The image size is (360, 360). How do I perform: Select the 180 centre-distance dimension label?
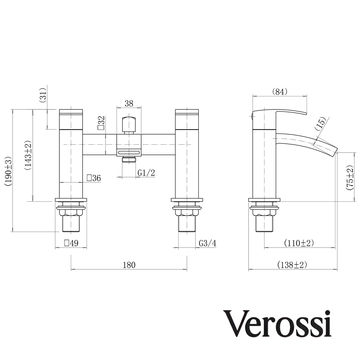pos(129,265)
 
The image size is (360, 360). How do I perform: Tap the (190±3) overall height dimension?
pos(8,171)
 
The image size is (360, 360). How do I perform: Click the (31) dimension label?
pos(43,95)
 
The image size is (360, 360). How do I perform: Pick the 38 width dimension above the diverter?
pos(129,103)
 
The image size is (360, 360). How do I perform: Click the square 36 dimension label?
pos(94,178)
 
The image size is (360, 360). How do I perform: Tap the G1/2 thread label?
pos(146,173)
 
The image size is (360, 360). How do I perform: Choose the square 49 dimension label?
pos(71,243)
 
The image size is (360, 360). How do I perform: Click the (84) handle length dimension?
pos(280,92)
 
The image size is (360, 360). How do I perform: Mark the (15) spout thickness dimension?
pos(321,124)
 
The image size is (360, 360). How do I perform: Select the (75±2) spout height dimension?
pos(350,176)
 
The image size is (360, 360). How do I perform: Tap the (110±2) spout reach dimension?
pos(299,243)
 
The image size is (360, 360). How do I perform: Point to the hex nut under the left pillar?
pos(71,212)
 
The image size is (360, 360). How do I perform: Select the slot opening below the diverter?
pos(129,153)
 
